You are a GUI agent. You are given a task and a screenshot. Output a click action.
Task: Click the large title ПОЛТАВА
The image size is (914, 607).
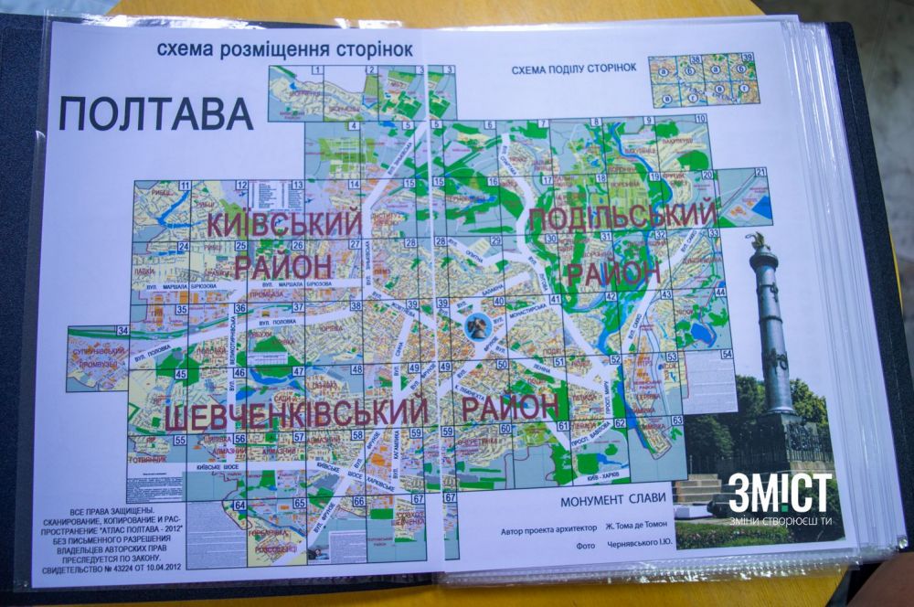pyautogui.click(x=155, y=112)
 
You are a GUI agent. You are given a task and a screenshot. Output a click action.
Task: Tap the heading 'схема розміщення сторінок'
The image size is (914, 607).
pyautogui.click(x=284, y=48)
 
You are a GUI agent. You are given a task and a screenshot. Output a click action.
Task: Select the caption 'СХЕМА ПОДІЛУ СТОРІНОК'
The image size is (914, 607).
pyautogui.click(x=573, y=69)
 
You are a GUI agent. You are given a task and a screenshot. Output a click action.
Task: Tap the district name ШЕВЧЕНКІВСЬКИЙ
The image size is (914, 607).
pyautogui.click(x=296, y=417)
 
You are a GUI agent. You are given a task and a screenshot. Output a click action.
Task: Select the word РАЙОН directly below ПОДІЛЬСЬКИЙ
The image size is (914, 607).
pyautogui.click(x=612, y=272)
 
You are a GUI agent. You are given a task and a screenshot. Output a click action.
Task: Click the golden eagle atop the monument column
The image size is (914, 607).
pyautogui.click(x=757, y=241)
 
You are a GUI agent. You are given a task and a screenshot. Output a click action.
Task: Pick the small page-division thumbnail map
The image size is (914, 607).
pyautogui.click(x=702, y=79)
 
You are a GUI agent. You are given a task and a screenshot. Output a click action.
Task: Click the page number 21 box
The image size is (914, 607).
pyautogui.click(x=760, y=173)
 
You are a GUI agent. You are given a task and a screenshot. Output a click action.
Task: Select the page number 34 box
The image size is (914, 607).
pyautogui.click(x=122, y=330)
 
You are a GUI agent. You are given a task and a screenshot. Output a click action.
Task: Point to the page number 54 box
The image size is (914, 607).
pyautogui.click(x=727, y=354)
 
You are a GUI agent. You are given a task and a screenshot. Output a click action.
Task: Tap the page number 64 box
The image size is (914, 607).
pyautogui.click(x=240, y=505)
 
